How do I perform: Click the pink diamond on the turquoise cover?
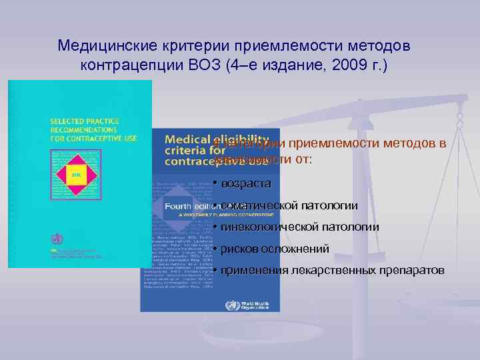[75, 174]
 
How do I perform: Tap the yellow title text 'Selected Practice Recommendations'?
[83, 129]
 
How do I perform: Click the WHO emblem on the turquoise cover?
[55, 238]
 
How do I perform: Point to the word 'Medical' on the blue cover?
[187, 139]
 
